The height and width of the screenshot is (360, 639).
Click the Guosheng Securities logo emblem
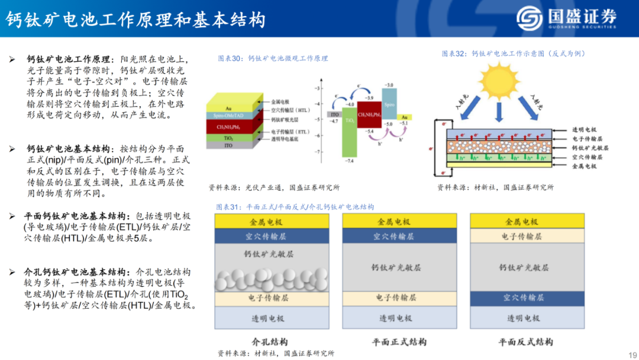529,18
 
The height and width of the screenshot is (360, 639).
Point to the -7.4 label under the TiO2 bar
349,161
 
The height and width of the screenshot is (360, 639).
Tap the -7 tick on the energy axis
318,152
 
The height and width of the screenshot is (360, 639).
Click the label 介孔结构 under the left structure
270,342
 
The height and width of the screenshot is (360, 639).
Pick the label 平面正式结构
399,342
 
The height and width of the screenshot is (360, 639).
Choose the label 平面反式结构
526,342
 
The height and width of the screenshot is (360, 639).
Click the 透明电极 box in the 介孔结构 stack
272,318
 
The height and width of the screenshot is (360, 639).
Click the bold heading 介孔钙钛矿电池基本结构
76,272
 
